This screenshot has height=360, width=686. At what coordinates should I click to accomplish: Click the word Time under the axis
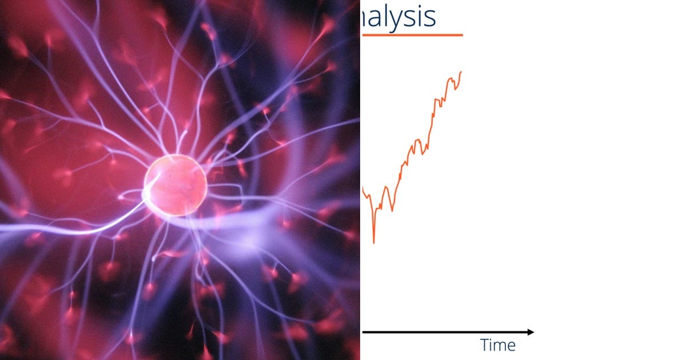tap(498, 345)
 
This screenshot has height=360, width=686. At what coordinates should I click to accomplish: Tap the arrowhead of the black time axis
tap(531, 332)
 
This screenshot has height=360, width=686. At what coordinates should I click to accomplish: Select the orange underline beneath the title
tap(412, 35)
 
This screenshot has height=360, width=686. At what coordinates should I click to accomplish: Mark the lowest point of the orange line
tap(374, 243)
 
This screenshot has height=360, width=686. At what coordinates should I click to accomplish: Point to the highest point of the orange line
tap(461, 71)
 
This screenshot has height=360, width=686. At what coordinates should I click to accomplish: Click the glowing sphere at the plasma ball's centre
tap(176, 185)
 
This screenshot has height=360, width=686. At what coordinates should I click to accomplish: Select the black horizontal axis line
tap(446, 332)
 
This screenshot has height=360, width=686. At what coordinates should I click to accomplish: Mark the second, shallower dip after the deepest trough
tap(392, 210)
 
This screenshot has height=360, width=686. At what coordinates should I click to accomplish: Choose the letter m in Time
tap(501, 346)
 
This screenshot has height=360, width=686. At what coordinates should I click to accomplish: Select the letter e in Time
tap(511, 346)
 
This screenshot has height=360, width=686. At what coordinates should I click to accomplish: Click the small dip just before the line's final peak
tap(456, 89)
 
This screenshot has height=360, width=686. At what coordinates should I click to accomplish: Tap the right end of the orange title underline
tap(461, 35)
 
